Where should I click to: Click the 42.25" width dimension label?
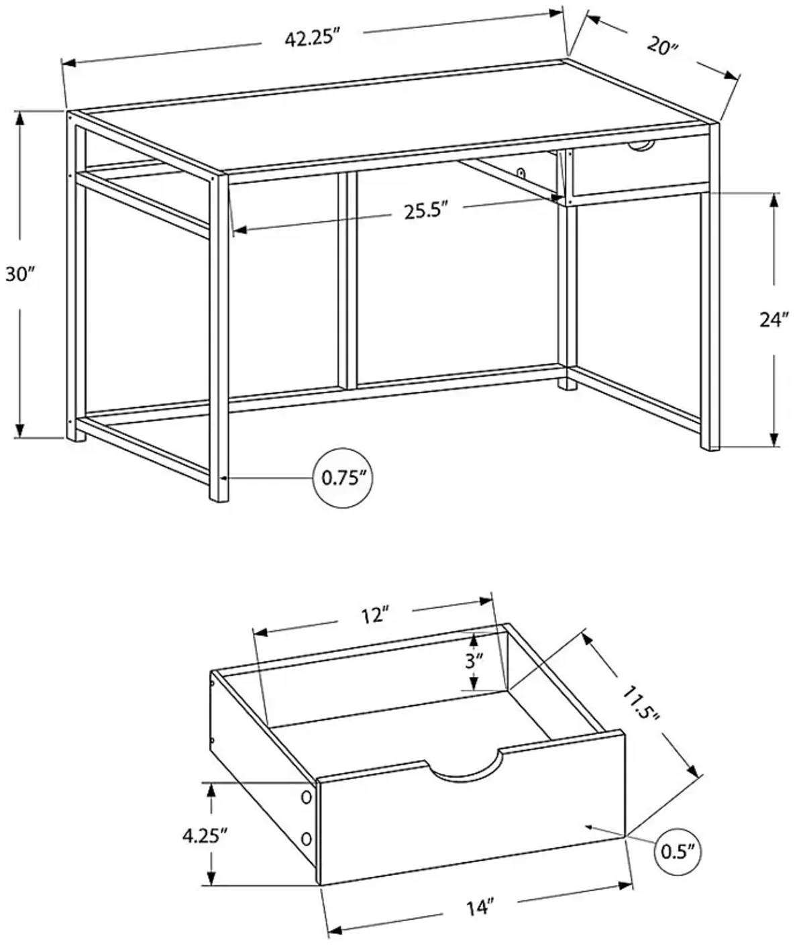[309, 38]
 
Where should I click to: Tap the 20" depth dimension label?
[663, 48]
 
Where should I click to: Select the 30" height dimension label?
[19, 274]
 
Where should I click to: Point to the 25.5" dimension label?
[425, 211]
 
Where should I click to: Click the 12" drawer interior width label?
[376, 615]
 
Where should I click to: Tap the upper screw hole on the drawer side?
[307, 797]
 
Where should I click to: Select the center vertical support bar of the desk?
[350, 278]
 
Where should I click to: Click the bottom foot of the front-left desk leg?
[219, 495]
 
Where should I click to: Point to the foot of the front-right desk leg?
[710, 443]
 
